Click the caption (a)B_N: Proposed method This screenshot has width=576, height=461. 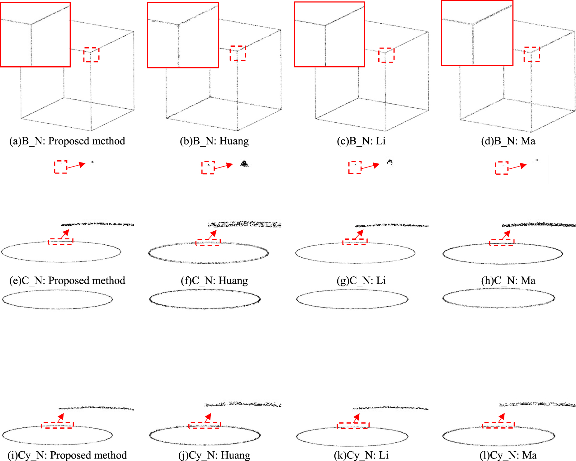67,141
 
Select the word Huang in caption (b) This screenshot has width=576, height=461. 234,141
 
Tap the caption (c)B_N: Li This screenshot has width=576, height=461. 361,141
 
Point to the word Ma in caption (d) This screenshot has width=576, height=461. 528,141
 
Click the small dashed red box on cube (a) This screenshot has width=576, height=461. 91,55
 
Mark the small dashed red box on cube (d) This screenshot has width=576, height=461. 532,54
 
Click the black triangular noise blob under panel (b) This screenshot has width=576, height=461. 244,164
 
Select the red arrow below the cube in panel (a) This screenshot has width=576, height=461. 76,165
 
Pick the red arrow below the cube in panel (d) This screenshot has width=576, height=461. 517,167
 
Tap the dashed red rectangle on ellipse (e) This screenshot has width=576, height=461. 61,242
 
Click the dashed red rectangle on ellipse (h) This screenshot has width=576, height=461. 502,242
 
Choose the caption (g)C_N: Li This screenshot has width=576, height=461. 361,280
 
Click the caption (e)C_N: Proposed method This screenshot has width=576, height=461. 67,280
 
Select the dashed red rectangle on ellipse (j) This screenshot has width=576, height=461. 205,425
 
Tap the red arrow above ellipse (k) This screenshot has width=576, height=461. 356,418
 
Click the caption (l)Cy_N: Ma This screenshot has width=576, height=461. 508,455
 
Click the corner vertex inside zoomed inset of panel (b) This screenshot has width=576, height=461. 178,24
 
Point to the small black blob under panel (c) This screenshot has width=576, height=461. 390,162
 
